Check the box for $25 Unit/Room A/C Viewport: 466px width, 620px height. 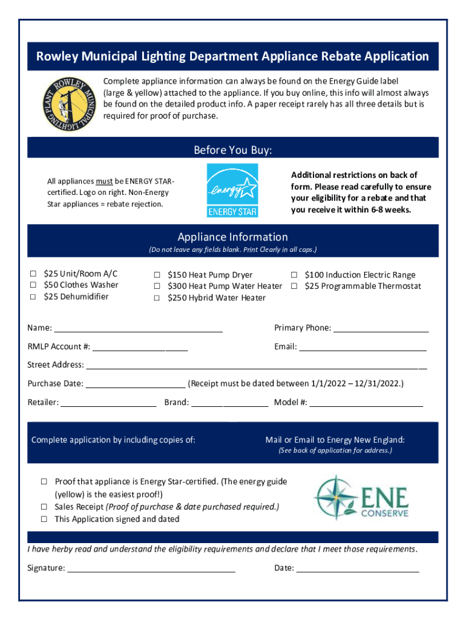(34, 274)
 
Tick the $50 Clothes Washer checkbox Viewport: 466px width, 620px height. (34, 285)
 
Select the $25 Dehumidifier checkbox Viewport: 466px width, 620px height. (34, 297)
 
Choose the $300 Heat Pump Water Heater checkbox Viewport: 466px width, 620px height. (157, 286)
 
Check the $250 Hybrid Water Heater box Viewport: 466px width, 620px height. (157, 298)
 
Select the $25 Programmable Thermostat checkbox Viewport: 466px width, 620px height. (294, 286)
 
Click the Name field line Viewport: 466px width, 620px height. (138, 329)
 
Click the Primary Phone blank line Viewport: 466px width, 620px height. (381, 329)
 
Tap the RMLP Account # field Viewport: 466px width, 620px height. (140, 348)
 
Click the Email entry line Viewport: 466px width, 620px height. (363, 348)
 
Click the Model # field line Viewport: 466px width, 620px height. (366, 403)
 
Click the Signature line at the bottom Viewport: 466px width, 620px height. (151, 569)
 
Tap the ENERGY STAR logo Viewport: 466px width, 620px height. (232, 190)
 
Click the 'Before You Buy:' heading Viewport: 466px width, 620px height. (232, 150)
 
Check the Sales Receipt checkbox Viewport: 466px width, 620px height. (44, 507)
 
